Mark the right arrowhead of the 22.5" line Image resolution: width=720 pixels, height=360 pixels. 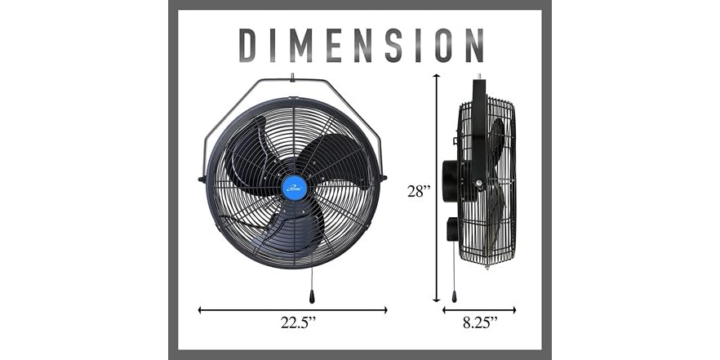point(384,310)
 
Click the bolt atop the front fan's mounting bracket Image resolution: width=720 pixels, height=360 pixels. point(293,78)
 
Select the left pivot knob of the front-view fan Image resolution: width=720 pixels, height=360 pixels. point(202,178)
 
